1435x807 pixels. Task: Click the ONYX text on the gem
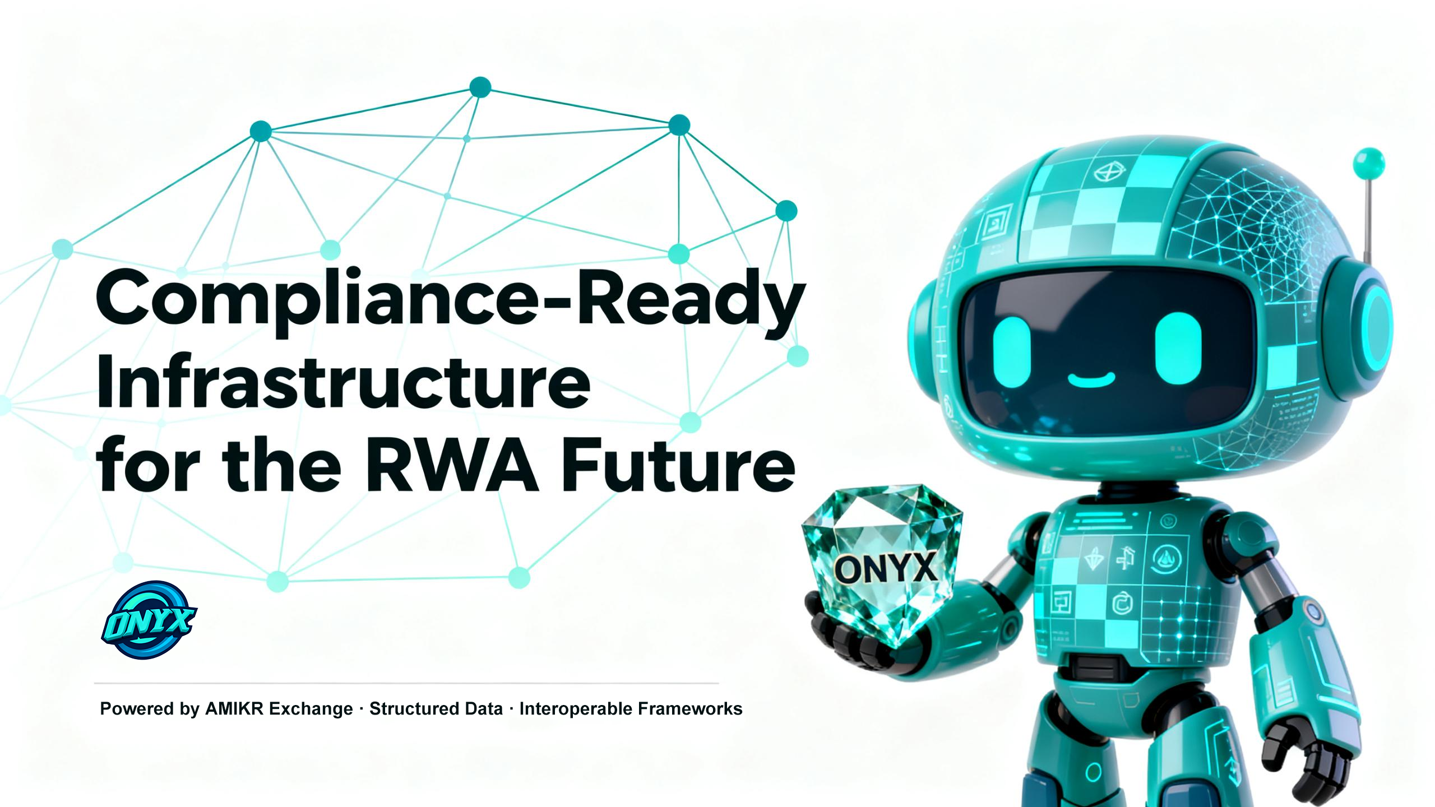pos(885,568)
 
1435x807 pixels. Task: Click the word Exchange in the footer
pos(310,709)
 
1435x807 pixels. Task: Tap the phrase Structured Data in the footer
pos(436,709)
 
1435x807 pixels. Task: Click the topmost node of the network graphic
pos(480,87)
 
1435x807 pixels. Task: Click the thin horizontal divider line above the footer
pos(406,684)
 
